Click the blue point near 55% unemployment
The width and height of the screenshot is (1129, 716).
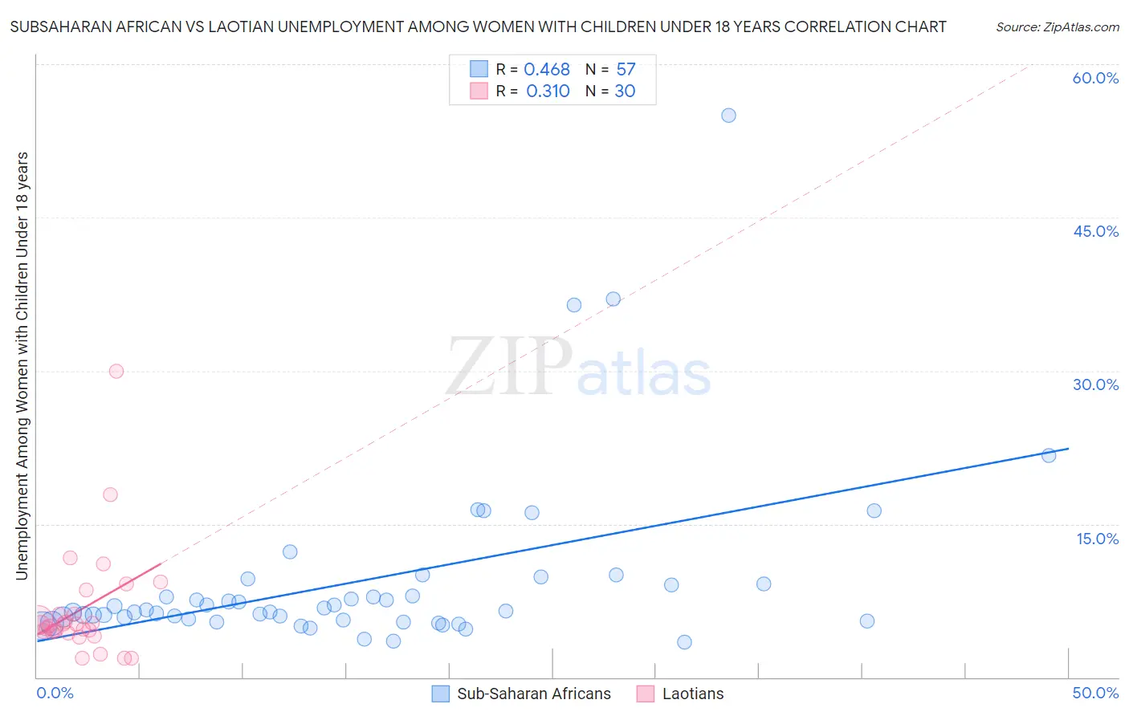tap(728, 116)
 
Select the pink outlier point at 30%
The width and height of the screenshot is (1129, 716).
tap(116, 371)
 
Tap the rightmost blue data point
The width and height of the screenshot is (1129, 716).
tap(1048, 455)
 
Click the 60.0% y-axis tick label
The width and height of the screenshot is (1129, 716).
tap(1095, 78)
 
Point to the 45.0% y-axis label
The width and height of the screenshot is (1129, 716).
tap(1095, 231)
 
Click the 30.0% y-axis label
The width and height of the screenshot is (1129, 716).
tap(1095, 384)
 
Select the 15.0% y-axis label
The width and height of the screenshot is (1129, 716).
tap(1097, 538)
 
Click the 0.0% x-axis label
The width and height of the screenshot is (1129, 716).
tap(55, 693)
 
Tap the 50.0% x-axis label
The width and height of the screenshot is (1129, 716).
tap(1095, 693)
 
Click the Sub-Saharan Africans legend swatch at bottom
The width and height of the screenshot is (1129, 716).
tap(440, 694)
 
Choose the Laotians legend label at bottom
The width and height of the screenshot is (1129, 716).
tap(692, 694)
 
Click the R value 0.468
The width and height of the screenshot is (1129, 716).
tap(547, 70)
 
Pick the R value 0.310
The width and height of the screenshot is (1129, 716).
tap(548, 92)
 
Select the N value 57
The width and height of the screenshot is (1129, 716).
tap(626, 70)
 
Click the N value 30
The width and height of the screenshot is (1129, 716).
tap(625, 92)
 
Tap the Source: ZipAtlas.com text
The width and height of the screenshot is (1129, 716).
tap(1057, 26)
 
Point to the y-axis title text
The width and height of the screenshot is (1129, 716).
tap(22, 365)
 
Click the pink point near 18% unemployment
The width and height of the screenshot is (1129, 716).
tap(110, 494)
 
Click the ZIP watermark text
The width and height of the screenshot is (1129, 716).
tap(509, 367)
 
